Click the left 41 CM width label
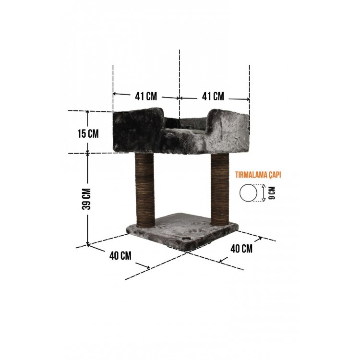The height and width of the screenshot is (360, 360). [x=146, y=96]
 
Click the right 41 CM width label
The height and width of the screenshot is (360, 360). [x=213, y=96]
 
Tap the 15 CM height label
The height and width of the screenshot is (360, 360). [x=88, y=134]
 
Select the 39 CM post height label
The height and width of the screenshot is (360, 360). [x=87, y=199]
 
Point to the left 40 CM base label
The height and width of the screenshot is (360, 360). [x=120, y=256]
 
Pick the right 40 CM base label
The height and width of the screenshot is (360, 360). [x=241, y=249]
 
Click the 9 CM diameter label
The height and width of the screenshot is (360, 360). [x=272, y=193]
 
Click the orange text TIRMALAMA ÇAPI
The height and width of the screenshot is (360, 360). [x=258, y=175]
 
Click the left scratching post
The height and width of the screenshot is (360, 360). [x=145, y=190]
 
